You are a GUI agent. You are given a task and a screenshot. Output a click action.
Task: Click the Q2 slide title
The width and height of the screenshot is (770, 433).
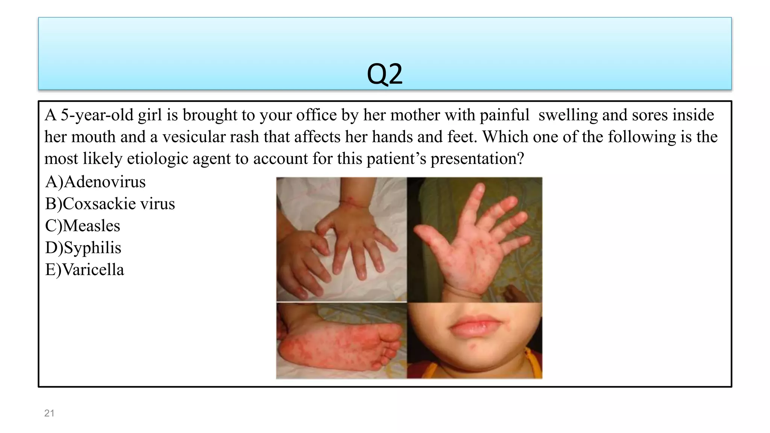click(x=384, y=74)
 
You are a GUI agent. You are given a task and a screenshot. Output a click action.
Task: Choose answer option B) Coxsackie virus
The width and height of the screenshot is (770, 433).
click(x=110, y=204)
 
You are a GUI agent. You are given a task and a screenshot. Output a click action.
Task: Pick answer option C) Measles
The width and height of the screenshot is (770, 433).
click(x=82, y=226)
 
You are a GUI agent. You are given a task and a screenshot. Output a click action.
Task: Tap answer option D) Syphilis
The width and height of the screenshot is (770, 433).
click(x=83, y=248)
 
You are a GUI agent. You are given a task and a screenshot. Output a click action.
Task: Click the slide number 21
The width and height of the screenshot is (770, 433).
click(x=49, y=413)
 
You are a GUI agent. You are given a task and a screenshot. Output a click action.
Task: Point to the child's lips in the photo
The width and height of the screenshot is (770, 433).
click(x=476, y=326)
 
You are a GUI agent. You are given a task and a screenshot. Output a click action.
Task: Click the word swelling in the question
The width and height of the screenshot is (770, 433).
click(x=568, y=115)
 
